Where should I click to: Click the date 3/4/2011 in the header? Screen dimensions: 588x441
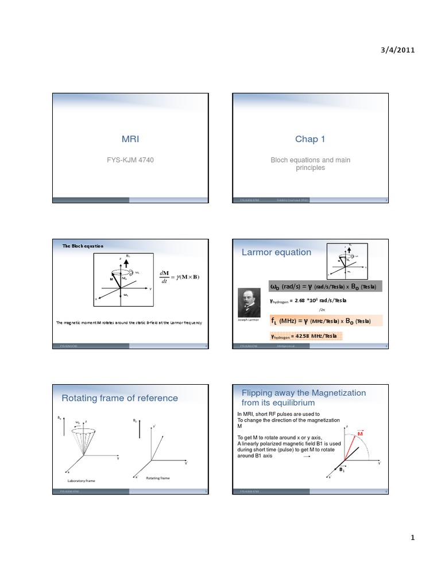point(397,50)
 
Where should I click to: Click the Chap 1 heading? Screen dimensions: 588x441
point(310,139)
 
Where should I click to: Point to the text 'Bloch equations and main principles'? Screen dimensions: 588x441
point(310,164)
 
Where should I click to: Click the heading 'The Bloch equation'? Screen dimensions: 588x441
point(83,246)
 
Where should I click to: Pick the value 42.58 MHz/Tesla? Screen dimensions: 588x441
point(305,336)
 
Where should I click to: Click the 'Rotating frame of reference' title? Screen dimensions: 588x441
point(119,398)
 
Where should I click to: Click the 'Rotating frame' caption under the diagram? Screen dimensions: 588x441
point(157,477)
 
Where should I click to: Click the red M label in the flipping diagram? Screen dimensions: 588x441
point(361,432)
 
